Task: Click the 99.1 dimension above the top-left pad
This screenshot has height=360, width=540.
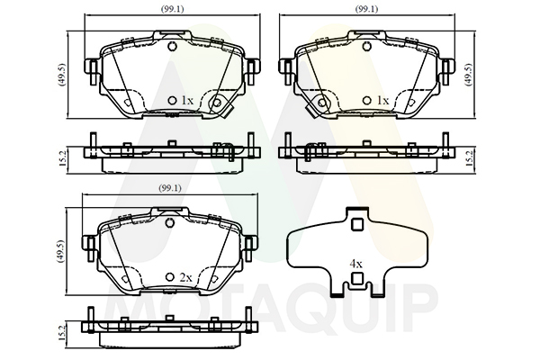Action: tap(173, 9)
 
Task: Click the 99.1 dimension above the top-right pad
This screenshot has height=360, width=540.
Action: tap(367, 9)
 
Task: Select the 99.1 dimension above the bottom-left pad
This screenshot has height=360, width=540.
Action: tap(170, 188)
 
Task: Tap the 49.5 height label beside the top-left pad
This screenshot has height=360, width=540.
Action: tap(61, 75)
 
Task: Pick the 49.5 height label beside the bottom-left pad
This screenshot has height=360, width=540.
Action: tap(61, 251)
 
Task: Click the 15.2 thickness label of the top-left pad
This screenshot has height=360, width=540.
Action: tap(62, 158)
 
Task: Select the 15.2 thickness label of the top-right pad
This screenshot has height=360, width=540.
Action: tap(468, 158)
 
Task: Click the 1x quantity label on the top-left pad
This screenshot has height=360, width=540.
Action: tap(187, 101)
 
